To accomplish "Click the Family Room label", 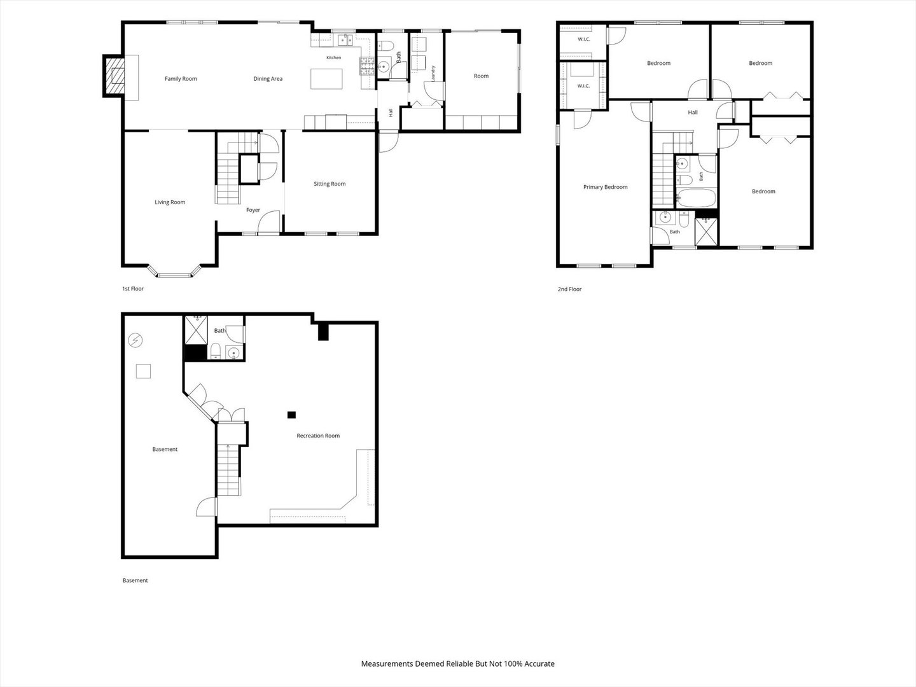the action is click(x=181, y=78).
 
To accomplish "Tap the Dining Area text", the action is click(x=268, y=78).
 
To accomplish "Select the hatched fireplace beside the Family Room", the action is click(x=114, y=76).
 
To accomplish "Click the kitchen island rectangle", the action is click(x=326, y=79).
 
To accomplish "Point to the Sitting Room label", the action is click(x=330, y=184).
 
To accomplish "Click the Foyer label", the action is click(x=253, y=210).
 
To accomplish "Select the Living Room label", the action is click(x=170, y=202).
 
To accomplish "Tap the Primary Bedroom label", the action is click(x=605, y=187).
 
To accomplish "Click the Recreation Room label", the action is click(x=318, y=436).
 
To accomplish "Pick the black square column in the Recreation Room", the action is click(x=292, y=415).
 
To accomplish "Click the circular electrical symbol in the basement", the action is click(x=135, y=340).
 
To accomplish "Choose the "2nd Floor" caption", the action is click(x=569, y=289).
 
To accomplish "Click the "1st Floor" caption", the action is click(x=133, y=289).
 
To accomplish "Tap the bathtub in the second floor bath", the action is click(x=696, y=198).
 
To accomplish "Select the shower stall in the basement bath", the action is click(x=196, y=330).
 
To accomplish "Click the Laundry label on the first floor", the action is click(x=433, y=73).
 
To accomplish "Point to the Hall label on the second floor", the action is click(x=693, y=112).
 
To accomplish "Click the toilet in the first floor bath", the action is click(x=385, y=45).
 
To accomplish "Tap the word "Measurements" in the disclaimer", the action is click(x=387, y=663).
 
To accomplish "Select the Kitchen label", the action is click(x=333, y=57).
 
